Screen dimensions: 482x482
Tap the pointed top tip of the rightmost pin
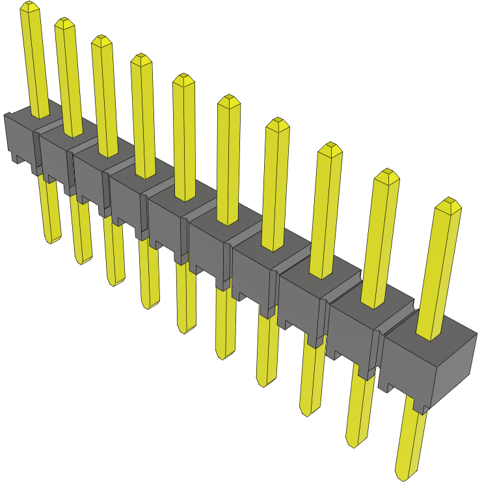pos(448,203)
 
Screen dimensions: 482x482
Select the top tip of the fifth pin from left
pos(183,79)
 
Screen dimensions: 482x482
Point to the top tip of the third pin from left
pos(101,40)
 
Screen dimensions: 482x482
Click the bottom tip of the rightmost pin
pos(404,475)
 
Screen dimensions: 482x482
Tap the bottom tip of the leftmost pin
pos(51,241)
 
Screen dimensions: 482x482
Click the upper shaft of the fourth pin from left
pos(144,117)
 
